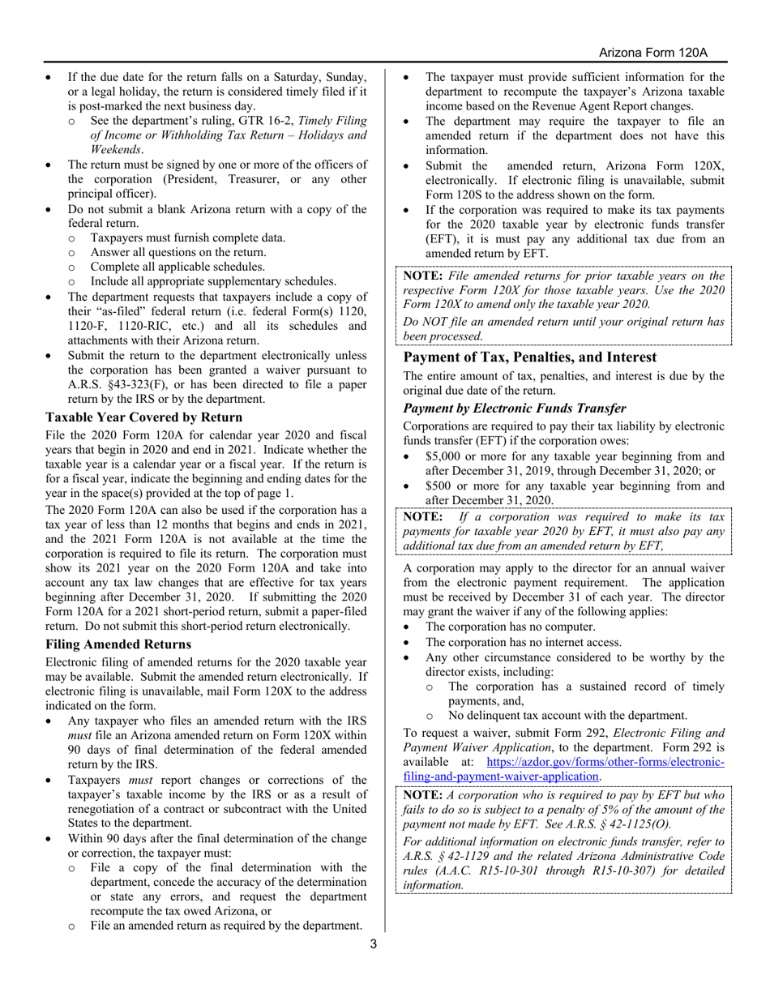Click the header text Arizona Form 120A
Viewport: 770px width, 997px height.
(x=653, y=53)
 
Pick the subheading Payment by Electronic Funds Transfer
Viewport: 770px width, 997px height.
(x=515, y=409)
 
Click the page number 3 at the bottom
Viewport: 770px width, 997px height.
(x=373, y=944)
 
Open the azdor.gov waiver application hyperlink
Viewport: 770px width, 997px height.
(x=604, y=769)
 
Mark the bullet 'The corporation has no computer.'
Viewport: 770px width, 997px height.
(x=510, y=627)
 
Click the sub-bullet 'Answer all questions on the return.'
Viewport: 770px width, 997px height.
(x=178, y=252)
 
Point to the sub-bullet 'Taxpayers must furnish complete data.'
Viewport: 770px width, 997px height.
(x=187, y=237)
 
